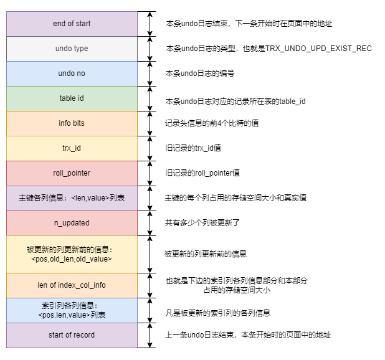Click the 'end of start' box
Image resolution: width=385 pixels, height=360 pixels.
pos(72,24)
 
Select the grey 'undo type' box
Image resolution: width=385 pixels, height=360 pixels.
pos(72,49)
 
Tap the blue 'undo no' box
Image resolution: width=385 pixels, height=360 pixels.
pos(72,73)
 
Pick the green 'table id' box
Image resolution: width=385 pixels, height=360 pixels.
pos(72,98)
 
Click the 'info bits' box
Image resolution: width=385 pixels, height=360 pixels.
pos(72,123)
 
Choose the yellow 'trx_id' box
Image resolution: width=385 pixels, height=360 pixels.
pos(72,148)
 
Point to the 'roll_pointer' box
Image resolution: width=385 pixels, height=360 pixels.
pos(72,173)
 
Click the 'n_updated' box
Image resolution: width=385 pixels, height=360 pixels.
pos(72,223)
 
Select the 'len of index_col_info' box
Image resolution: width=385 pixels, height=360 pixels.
pos(72,285)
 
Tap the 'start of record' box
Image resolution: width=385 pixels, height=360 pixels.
pos(72,335)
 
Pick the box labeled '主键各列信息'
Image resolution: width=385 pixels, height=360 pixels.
pos(72,198)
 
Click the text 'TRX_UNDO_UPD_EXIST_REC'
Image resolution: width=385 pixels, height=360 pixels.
pos(318,49)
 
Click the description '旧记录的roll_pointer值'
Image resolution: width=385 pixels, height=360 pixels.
pos(204,173)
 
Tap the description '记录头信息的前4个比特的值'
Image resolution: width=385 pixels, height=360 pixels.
pos(212,123)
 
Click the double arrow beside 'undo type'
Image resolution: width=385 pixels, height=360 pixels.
pos(149,49)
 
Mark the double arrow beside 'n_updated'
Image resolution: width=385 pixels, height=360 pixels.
pos(149,223)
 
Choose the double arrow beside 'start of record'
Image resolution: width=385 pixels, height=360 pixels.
pos(149,335)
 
